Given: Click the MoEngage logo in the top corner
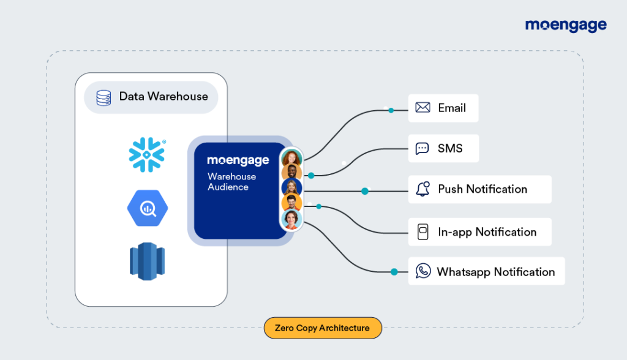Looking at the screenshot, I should [x=566, y=25].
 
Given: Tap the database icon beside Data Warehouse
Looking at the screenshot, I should [x=104, y=97].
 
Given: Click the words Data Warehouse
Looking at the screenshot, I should [x=163, y=97].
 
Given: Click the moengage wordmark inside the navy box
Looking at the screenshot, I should [x=238, y=160].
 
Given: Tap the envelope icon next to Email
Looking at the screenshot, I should [x=422, y=108].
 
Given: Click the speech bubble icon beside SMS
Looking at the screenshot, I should [x=422, y=148].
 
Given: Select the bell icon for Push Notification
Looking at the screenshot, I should [x=422, y=189].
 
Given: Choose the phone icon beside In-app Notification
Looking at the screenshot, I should [x=422, y=232].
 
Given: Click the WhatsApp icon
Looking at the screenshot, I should [x=422, y=271].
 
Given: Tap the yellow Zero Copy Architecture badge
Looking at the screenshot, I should [x=322, y=328].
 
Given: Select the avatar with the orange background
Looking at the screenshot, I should [x=291, y=203].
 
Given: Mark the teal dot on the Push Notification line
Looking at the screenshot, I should [x=365, y=191].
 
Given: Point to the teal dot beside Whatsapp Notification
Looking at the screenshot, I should [x=394, y=272].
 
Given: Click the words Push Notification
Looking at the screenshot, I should [x=482, y=189].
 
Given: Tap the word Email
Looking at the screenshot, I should [x=452, y=108].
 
